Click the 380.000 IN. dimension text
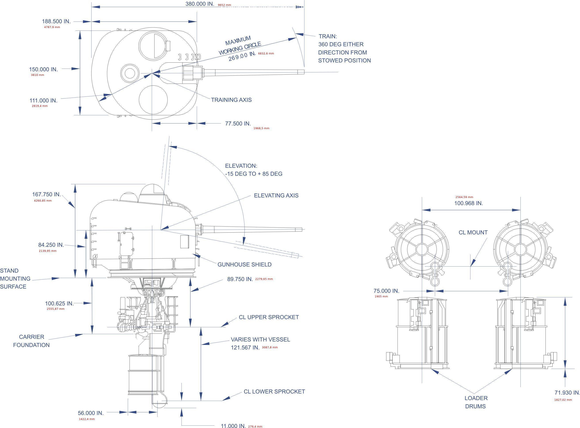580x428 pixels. coord(199,4)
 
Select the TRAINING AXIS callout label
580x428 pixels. coord(231,100)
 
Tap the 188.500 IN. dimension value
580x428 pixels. coord(56,21)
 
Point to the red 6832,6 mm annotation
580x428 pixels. coord(266,54)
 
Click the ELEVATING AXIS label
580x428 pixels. coord(276,195)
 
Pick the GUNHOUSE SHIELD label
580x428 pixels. coord(244,264)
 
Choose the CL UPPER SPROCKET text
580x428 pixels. coord(269,317)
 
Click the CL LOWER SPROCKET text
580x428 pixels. coord(274,391)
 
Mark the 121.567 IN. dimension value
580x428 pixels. coord(245,347)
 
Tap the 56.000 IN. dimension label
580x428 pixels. coord(91,413)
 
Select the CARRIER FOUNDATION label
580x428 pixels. coord(31,341)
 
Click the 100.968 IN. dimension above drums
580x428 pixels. coord(469,203)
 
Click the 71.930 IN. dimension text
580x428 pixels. coord(567,393)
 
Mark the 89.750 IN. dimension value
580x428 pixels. coord(240,279)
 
